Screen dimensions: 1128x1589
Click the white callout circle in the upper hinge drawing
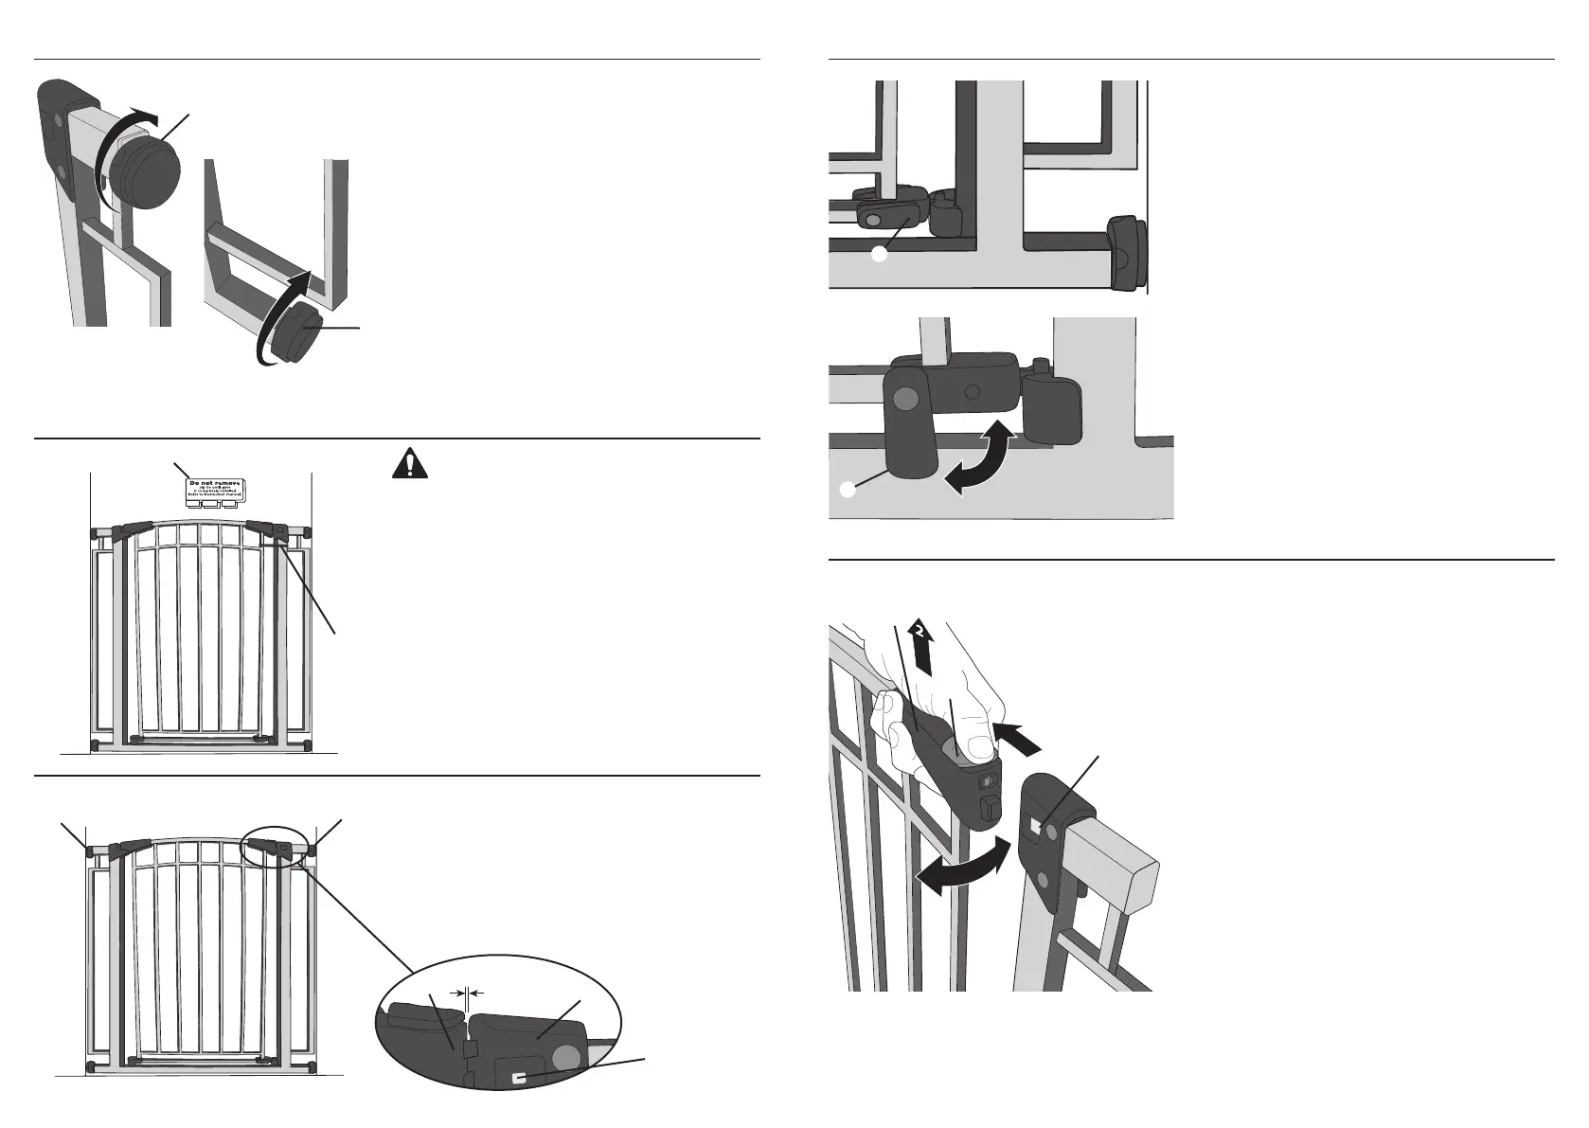(x=880, y=255)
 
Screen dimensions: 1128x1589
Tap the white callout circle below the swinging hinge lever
(x=848, y=490)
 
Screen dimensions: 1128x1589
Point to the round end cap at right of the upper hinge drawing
(x=1126, y=253)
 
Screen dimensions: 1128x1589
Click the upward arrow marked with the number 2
(x=919, y=645)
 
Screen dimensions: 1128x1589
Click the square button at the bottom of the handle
(x=989, y=809)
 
